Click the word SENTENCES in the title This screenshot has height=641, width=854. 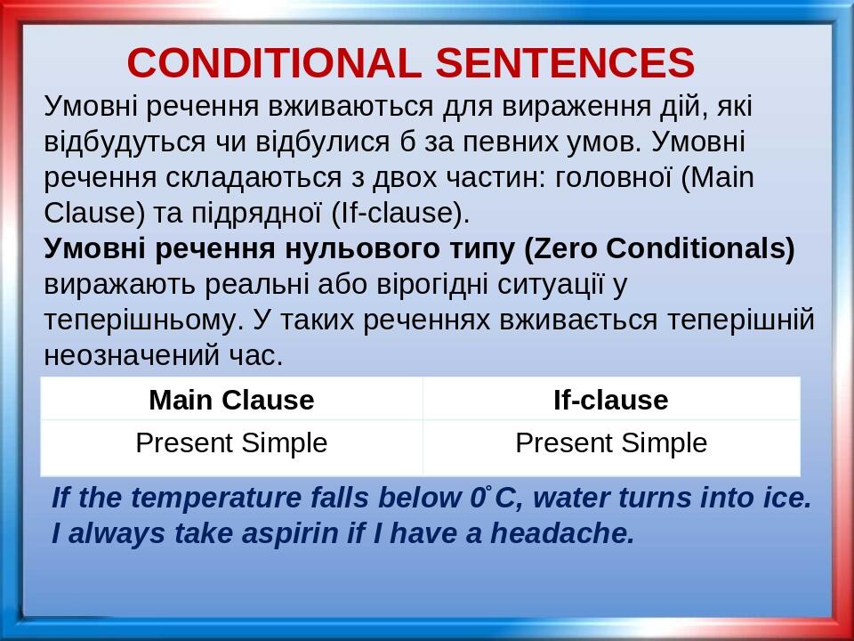(565, 63)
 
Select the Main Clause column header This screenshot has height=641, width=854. (231, 400)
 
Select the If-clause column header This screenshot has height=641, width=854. (610, 400)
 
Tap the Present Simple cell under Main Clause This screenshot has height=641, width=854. (231, 442)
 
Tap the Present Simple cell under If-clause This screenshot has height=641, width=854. (611, 442)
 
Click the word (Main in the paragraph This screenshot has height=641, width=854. (718, 177)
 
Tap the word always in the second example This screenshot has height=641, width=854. (104, 533)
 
